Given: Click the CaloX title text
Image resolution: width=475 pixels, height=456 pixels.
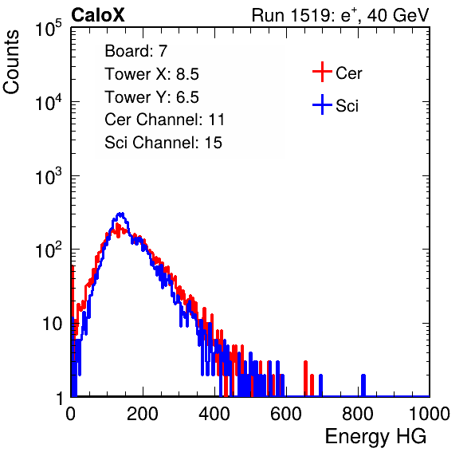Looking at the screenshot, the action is (x=97, y=15).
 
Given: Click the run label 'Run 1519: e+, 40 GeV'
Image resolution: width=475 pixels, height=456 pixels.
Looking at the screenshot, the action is (x=340, y=15).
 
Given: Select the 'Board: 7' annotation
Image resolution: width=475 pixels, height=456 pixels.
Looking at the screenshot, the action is (x=135, y=51).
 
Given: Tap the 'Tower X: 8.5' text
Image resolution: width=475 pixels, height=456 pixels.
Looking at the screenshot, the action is (x=151, y=74).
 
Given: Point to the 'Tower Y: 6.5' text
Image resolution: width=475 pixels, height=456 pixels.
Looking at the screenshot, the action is (x=151, y=97).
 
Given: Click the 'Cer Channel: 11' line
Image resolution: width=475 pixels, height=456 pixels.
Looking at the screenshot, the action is (x=164, y=120).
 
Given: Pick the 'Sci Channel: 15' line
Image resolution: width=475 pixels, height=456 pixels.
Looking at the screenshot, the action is (x=163, y=143).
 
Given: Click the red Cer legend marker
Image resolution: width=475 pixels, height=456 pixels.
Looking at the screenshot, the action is (x=322, y=72).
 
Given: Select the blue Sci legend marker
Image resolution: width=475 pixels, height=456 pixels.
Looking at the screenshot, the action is (x=322, y=104).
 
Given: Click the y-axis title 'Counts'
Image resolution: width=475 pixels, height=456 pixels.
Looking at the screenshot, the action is (x=11, y=62).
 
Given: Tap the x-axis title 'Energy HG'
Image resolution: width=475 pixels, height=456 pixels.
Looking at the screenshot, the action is (x=375, y=437).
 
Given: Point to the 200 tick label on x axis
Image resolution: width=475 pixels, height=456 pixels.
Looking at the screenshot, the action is (x=143, y=414).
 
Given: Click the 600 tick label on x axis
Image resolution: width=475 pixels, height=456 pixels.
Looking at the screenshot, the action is (x=286, y=414).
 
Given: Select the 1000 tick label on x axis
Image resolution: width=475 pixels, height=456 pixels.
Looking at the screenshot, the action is (x=430, y=414).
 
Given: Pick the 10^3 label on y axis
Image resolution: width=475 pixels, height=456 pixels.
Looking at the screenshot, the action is (x=48, y=176).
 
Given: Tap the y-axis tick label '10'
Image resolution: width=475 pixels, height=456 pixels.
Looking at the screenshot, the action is (x=52, y=324).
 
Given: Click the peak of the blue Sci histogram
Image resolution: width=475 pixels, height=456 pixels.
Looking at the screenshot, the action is (x=120, y=214).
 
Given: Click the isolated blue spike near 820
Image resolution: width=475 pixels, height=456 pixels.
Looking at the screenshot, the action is (x=363, y=385).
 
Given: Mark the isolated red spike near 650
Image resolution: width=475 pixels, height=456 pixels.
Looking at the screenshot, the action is (x=305, y=379).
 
